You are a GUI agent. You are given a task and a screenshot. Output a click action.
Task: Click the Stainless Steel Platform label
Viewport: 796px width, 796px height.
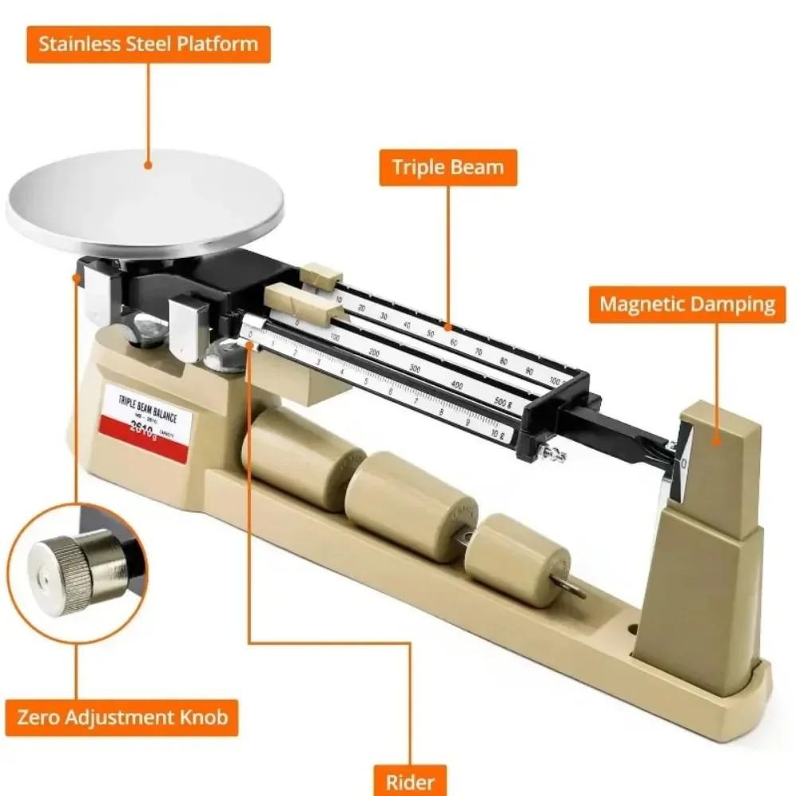(149, 44)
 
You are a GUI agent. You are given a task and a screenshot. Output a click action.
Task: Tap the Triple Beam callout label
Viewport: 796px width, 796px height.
(447, 167)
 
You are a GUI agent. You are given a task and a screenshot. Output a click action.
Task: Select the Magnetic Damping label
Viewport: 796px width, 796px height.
(687, 303)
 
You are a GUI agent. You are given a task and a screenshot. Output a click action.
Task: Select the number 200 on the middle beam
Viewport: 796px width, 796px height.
(373, 351)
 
